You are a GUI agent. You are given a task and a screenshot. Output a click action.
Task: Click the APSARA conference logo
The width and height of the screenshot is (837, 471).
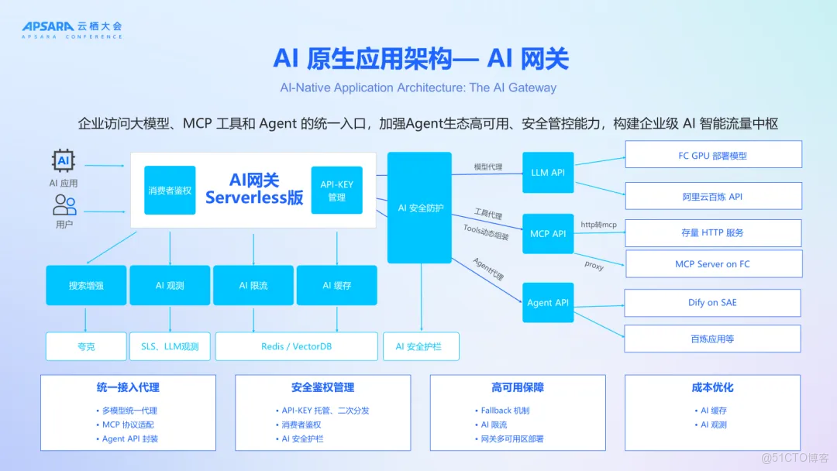coord(71,30)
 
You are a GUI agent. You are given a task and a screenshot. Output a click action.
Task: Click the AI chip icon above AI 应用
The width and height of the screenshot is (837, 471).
coord(64,161)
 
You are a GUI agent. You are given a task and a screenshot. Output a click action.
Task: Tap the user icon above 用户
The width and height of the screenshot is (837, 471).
coord(64,205)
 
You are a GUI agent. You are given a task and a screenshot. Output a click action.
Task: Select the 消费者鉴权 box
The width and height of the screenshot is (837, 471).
coord(170,190)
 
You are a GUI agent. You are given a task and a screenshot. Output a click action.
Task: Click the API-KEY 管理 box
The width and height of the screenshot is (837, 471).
coord(336,191)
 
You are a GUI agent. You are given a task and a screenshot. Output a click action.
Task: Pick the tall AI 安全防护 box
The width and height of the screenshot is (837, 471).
coord(419,208)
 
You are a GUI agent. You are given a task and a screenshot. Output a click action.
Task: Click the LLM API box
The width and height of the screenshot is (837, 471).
coord(547,173)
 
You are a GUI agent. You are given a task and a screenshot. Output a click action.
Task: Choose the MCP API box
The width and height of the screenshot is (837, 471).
coord(547,233)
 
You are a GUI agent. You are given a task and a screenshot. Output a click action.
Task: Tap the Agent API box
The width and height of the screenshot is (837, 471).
coord(547,302)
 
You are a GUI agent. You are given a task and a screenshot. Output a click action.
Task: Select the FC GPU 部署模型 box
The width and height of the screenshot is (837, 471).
coord(712,155)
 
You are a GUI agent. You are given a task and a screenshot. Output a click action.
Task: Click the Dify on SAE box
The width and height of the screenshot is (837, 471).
coord(712,302)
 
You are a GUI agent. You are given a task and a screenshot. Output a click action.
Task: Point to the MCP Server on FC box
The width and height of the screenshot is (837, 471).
coord(712,264)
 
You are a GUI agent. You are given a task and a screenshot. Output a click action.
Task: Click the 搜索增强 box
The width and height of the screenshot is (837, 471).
coord(86,285)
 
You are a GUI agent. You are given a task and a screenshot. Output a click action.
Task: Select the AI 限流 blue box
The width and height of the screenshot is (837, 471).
coord(253,285)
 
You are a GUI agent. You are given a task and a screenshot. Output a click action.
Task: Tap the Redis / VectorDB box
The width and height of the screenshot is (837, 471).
coord(296,346)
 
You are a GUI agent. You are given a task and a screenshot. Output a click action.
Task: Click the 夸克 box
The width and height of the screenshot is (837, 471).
coord(86,346)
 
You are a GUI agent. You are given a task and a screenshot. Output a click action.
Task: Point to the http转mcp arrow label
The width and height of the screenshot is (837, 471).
coord(598,225)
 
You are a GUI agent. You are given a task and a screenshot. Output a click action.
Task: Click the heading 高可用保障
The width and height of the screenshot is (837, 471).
coord(517,387)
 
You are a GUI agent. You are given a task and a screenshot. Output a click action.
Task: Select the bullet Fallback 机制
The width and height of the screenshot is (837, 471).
coord(505,411)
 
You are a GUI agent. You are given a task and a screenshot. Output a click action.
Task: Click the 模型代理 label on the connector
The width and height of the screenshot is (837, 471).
coord(488,167)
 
